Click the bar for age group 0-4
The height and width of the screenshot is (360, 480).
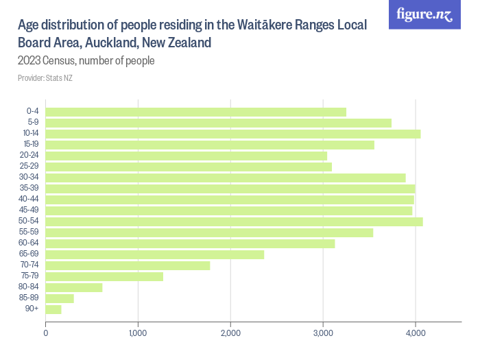click(x=195, y=112)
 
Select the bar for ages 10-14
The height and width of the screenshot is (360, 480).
click(x=232, y=134)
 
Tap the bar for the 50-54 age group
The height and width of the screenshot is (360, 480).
click(x=234, y=221)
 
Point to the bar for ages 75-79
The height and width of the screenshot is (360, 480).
click(x=104, y=276)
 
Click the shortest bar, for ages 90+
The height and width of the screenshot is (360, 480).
click(x=53, y=309)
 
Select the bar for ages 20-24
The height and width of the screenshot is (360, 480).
click(x=186, y=156)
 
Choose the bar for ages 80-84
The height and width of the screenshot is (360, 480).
click(x=74, y=287)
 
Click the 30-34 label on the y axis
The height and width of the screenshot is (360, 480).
click(x=29, y=178)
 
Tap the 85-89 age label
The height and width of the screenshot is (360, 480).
click(x=29, y=298)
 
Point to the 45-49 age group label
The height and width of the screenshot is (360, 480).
click(x=29, y=211)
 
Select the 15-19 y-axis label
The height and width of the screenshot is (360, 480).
click(x=29, y=145)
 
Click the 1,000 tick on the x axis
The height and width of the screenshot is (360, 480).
click(x=138, y=333)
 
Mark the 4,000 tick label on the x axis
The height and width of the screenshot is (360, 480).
click(x=416, y=333)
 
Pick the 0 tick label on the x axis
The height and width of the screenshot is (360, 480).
click(x=46, y=333)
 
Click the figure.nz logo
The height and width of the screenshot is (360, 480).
click(x=424, y=14)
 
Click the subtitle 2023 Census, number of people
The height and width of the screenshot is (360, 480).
click(x=86, y=60)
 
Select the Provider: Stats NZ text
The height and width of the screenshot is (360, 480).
click(x=45, y=78)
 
